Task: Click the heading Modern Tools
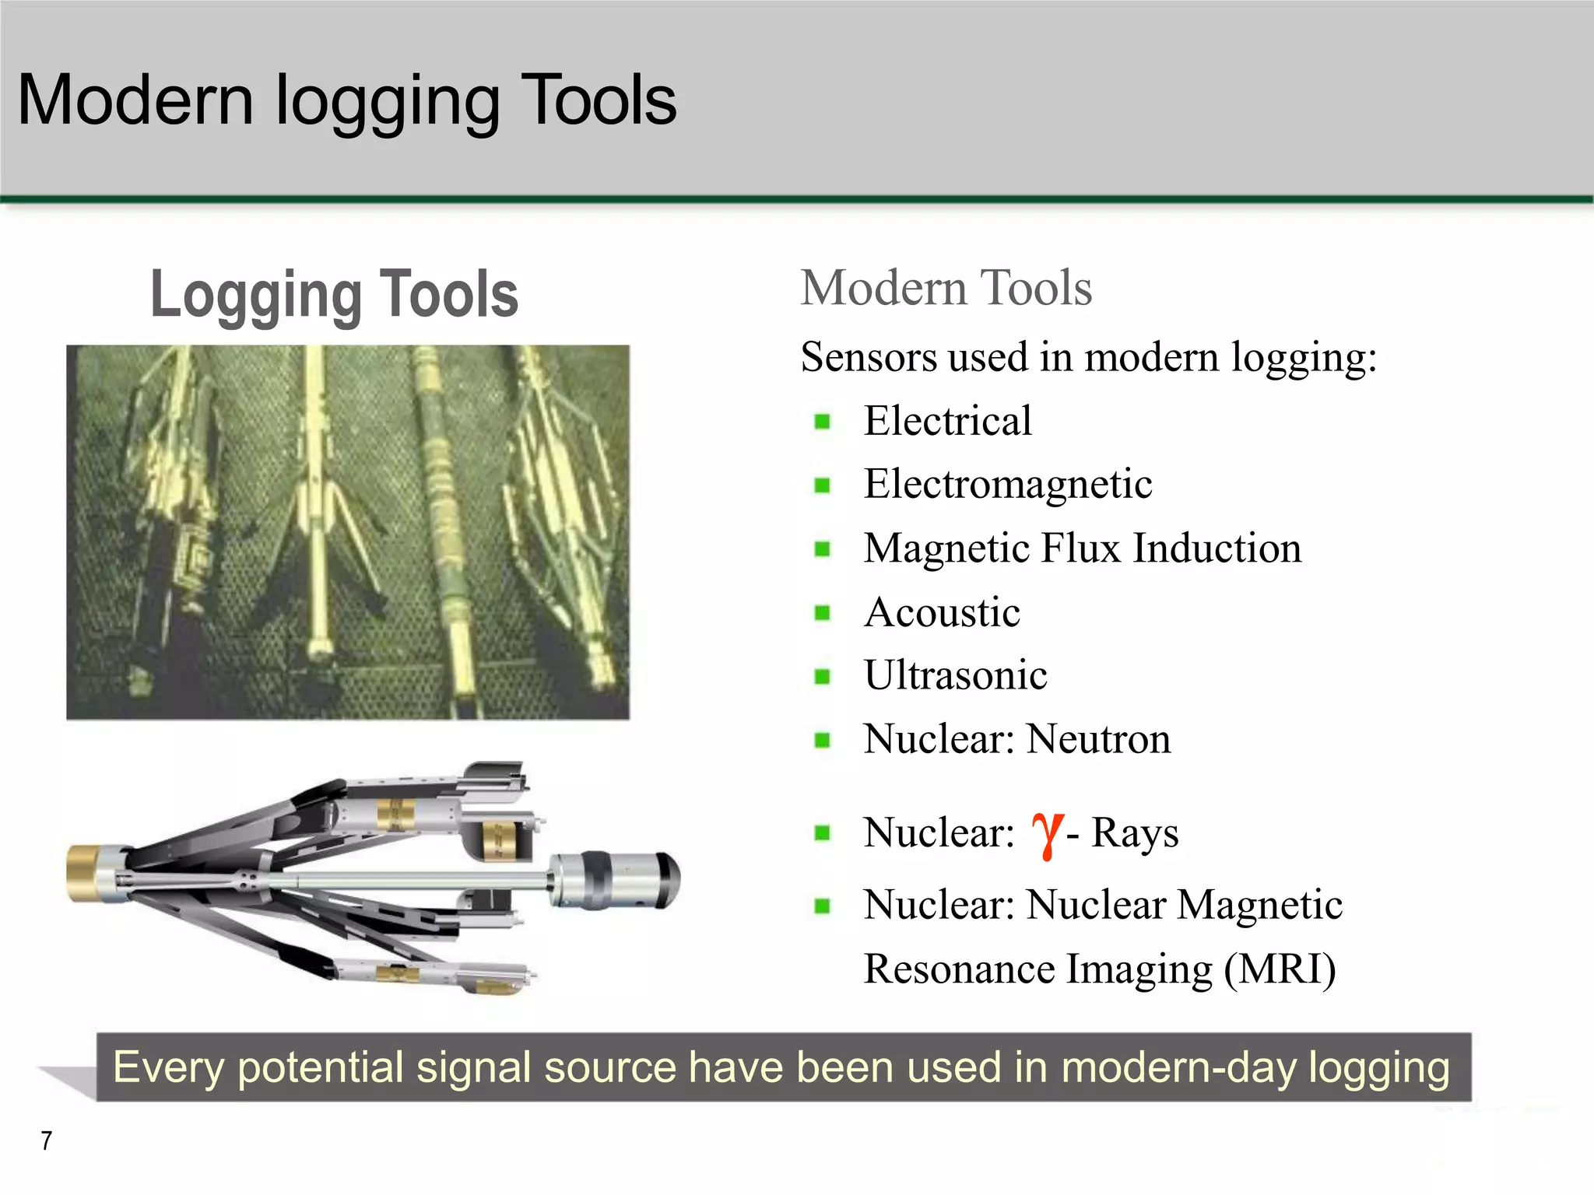click(946, 288)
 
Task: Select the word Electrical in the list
click(947, 421)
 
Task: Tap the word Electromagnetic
click(1007, 485)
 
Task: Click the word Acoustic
click(942, 612)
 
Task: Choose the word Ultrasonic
click(955, 675)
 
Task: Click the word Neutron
click(1098, 739)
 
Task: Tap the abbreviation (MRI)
click(1280, 969)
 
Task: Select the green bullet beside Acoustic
click(822, 613)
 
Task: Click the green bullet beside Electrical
click(822, 422)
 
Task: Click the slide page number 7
click(47, 1141)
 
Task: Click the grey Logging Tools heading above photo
click(334, 295)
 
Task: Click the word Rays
click(1134, 833)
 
